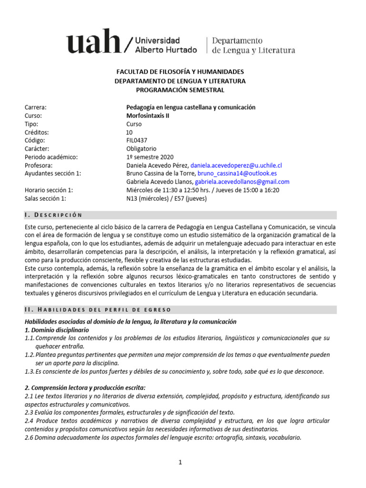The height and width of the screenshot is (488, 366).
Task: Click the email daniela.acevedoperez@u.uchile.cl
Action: pos(236,165)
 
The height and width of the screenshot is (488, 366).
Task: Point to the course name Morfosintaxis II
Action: pos(147,116)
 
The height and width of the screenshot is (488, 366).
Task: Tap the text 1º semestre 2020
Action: pos(150,157)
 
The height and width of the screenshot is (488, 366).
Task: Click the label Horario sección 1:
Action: pos(48,190)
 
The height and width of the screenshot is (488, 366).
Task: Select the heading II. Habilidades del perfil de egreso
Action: pos(101,310)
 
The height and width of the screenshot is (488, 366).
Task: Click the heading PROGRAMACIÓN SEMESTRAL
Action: pos(180,90)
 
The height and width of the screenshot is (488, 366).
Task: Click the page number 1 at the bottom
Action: pos(181,462)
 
